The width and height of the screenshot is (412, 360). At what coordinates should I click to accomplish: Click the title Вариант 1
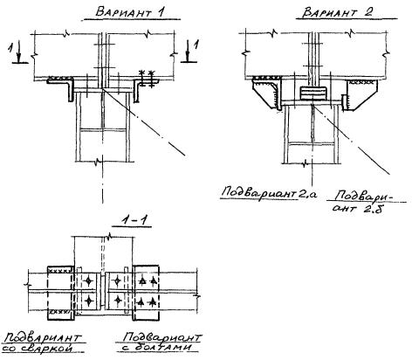click(x=130, y=12)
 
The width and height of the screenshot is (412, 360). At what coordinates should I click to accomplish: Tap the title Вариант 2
click(x=338, y=12)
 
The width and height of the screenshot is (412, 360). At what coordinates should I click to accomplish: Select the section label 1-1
click(x=135, y=220)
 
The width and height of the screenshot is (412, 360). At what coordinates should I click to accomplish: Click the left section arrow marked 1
click(x=18, y=52)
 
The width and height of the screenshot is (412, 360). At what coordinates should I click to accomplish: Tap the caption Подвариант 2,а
click(x=269, y=193)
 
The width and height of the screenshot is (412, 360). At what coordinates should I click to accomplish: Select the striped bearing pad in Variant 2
click(x=312, y=93)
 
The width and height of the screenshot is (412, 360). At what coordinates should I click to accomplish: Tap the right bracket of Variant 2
click(x=360, y=93)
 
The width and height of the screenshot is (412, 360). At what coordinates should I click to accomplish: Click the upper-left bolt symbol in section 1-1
click(x=88, y=280)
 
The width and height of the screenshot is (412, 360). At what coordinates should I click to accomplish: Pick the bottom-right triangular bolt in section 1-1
click(x=152, y=302)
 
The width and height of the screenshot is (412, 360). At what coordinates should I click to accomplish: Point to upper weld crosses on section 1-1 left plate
click(x=59, y=271)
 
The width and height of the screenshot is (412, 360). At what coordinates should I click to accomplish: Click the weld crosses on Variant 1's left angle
click(x=60, y=78)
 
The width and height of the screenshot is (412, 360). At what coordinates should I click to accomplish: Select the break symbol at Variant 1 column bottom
click(x=100, y=161)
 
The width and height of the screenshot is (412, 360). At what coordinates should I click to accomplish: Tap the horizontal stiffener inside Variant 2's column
click(x=312, y=143)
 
